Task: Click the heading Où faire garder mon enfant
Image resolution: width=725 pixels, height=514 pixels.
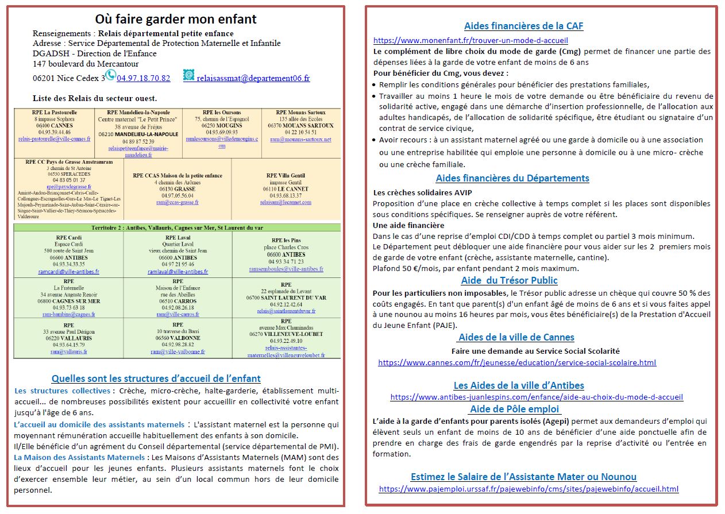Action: point(175,19)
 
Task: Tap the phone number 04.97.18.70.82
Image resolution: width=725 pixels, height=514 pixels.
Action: point(144,78)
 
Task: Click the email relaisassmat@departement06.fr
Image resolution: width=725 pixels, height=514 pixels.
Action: point(253,78)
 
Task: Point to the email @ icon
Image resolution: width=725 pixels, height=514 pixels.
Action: point(188,75)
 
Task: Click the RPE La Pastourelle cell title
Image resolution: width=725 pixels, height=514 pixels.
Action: point(55,113)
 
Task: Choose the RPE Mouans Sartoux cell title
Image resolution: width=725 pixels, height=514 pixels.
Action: point(300,113)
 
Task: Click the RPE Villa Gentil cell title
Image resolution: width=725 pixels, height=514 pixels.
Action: point(286,176)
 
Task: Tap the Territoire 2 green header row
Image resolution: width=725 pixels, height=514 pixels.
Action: point(177,228)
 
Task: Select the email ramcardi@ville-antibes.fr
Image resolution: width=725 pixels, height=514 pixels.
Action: point(68,272)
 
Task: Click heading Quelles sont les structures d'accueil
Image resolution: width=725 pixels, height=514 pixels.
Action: point(156,378)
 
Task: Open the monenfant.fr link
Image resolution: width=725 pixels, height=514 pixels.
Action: point(471,41)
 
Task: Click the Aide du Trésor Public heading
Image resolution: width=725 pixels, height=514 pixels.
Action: point(509,280)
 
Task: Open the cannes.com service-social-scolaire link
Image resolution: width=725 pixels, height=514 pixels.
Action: point(517,362)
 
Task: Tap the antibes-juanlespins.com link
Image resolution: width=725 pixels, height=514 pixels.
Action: point(537,397)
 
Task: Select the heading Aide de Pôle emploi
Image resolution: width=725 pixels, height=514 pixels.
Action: point(515,409)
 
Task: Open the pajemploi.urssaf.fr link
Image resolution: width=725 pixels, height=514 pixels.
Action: point(529,489)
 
